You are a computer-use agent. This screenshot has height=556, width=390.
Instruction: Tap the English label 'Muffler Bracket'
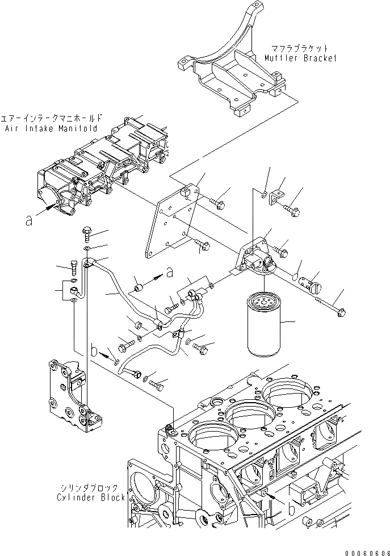click(300, 58)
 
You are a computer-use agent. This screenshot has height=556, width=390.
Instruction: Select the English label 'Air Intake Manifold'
click(49, 129)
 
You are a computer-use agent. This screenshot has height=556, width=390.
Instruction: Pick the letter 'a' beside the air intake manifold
click(29, 221)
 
